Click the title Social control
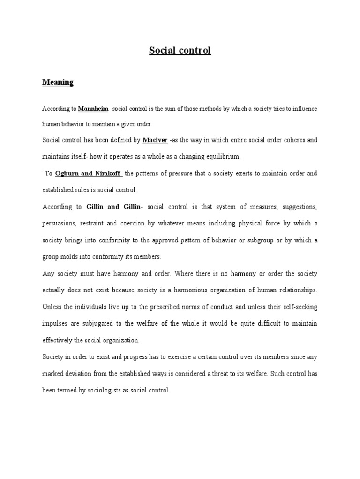click(x=180, y=51)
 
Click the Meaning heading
click(x=58, y=82)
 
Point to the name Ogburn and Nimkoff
click(x=89, y=174)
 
